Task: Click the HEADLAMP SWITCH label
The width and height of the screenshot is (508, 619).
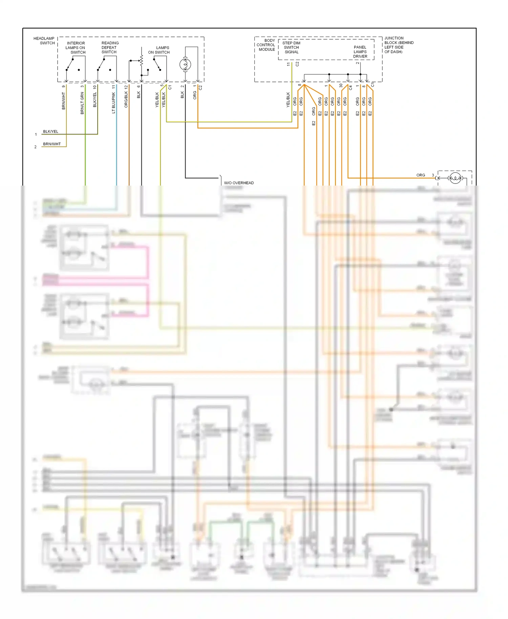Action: point(44,41)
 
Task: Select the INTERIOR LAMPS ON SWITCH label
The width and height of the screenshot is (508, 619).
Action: point(76,48)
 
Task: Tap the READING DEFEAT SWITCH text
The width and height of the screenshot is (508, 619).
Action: point(110,47)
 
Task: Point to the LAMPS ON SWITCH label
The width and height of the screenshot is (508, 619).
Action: point(159,50)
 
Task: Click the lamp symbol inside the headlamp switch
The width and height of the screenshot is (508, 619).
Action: point(185,64)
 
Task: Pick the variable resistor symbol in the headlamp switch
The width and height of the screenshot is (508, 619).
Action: point(142,61)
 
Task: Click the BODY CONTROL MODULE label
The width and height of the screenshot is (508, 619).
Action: point(266,45)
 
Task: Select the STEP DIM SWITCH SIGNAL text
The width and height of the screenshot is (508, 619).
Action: point(291,47)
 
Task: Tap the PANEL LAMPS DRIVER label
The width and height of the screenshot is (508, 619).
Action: point(360,52)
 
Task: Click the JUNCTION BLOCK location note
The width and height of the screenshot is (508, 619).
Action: point(399,45)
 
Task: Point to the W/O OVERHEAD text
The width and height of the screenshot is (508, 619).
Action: point(239,183)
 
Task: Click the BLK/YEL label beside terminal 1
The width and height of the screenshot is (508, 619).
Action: point(50,131)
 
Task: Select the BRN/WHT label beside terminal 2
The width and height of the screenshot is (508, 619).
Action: point(52,144)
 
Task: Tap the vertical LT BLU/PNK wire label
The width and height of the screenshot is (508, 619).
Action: point(113,103)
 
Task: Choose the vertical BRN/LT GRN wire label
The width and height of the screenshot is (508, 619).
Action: point(82,103)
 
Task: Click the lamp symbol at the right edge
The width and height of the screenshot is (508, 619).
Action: point(455,178)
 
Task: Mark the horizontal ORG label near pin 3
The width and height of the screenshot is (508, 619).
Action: point(421,175)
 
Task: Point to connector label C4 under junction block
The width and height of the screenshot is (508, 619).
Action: point(351,87)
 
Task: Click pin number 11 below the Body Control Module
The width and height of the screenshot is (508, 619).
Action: point(289,64)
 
